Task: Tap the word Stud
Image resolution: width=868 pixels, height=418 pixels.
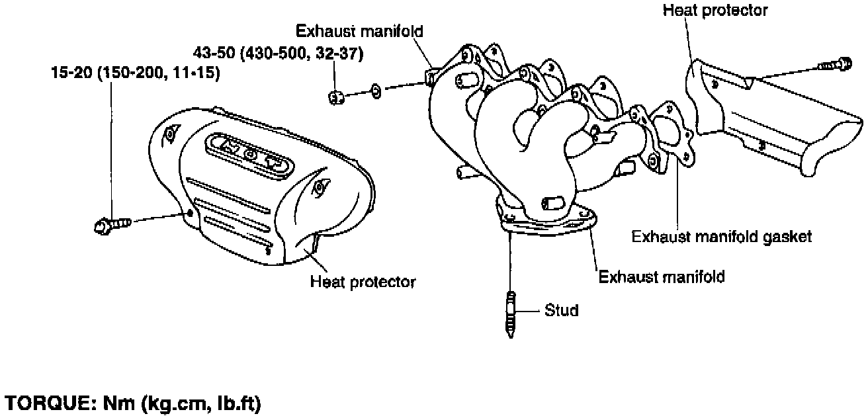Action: click(562, 310)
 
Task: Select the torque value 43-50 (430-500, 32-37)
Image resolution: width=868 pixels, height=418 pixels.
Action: click(278, 54)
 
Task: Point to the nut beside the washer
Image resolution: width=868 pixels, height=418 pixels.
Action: click(335, 98)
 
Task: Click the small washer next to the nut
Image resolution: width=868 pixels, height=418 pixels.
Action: click(374, 91)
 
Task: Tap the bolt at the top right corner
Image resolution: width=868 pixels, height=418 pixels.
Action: click(836, 64)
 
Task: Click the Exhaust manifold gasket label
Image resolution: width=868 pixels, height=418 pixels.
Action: click(721, 236)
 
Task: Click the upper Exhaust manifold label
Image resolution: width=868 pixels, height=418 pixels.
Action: click(359, 31)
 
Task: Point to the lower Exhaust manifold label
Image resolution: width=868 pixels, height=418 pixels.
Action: click(662, 276)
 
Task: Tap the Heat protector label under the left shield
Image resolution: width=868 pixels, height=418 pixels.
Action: click(363, 282)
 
